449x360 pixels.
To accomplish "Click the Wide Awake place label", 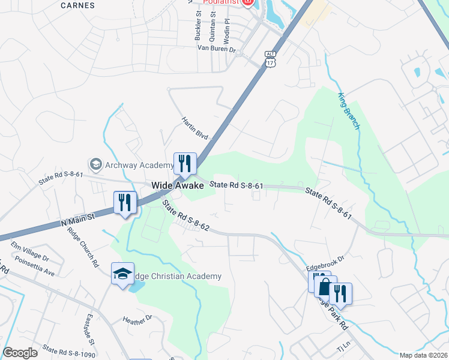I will pyautogui.click(x=178, y=186).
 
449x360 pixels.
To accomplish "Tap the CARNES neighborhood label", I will pyautogui.click(x=79, y=5).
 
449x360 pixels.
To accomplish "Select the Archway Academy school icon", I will pyautogui.click(x=95, y=164).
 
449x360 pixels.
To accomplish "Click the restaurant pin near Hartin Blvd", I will pyautogui.click(x=185, y=163).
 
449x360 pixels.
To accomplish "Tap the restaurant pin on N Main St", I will pyautogui.click(x=124, y=202).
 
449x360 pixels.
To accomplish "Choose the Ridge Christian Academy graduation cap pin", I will pyautogui.click(x=122, y=274).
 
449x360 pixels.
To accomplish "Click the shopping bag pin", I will pyautogui.click(x=324, y=287).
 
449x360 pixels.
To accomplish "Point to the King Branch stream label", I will pyautogui.click(x=348, y=112).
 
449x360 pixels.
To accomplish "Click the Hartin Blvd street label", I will pyautogui.click(x=194, y=128).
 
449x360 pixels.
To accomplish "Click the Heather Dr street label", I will pyautogui.click(x=137, y=320).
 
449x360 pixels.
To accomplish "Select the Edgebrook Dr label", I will pyautogui.click(x=325, y=260).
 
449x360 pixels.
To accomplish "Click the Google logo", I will pyautogui.click(x=20, y=353).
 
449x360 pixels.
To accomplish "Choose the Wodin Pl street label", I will pyautogui.click(x=227, y=28).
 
